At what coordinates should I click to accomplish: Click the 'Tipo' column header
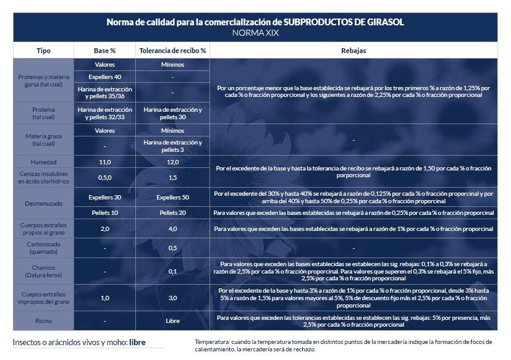tap(43, 50)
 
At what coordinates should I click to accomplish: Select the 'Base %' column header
tap(104, 50)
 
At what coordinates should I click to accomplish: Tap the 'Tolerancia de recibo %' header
tap(172, 50)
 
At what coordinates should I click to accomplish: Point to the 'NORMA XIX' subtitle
tap(255, 33)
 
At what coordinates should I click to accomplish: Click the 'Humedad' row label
tap(43, 162)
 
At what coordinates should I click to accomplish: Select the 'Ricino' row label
tap(43, 321)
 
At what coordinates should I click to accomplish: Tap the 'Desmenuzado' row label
tap(43, 203)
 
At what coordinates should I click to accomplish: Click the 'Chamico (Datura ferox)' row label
tap(43, 271)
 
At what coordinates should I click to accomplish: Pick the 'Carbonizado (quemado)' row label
tap(43, 248)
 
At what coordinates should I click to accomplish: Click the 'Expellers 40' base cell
tap(104, 77)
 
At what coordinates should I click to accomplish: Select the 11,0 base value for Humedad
tap(104, 162)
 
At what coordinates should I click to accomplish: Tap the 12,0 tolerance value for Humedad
tap(172, 162)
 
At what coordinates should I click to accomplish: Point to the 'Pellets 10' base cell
tap(104, 213)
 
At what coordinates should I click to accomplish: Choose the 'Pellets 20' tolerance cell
tap(172, 213)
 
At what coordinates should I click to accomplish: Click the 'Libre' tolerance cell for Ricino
tap(172, 321)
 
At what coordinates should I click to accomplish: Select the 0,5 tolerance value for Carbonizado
tap(172, 248)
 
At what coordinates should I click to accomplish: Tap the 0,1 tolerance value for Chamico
tap(172, 271)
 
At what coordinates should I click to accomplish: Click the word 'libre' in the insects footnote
tap(138, 342)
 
